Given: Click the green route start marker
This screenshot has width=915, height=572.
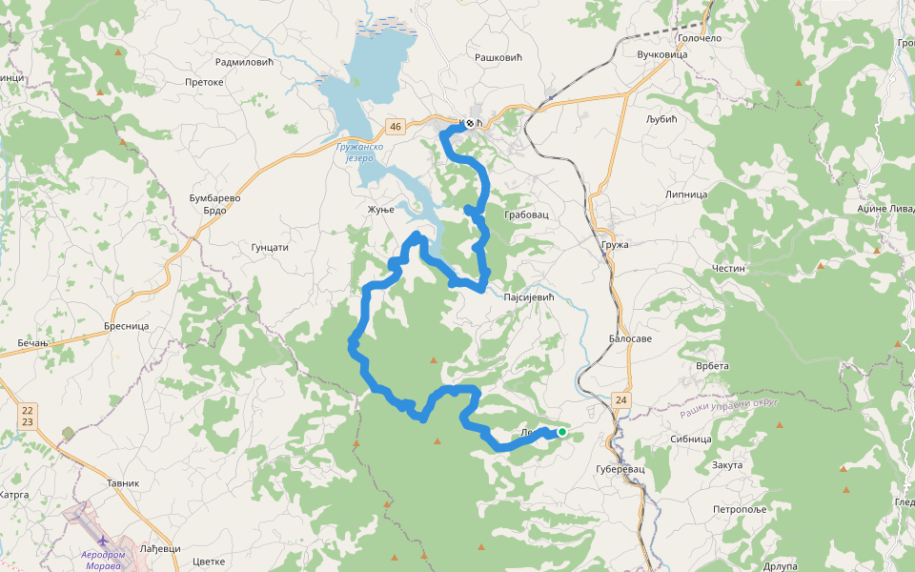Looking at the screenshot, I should (562, 432).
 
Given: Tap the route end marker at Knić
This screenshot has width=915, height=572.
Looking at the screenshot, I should (469, 123).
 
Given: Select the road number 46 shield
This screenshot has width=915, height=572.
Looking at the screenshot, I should (396, 126).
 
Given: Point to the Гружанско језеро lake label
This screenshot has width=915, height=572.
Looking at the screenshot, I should (359, 154).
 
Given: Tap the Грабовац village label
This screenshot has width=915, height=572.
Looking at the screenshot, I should (526, 215).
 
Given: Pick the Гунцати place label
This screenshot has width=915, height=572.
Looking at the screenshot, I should (269, 247).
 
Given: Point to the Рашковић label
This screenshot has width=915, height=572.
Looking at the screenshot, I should (498, 58).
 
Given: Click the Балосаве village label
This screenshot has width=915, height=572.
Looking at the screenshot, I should (630, 339).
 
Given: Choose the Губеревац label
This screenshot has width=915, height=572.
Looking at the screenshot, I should (620, 470).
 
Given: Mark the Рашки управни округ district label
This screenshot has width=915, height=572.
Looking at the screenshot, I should (729, 408).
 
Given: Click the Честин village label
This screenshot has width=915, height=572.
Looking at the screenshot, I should (728, 269).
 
